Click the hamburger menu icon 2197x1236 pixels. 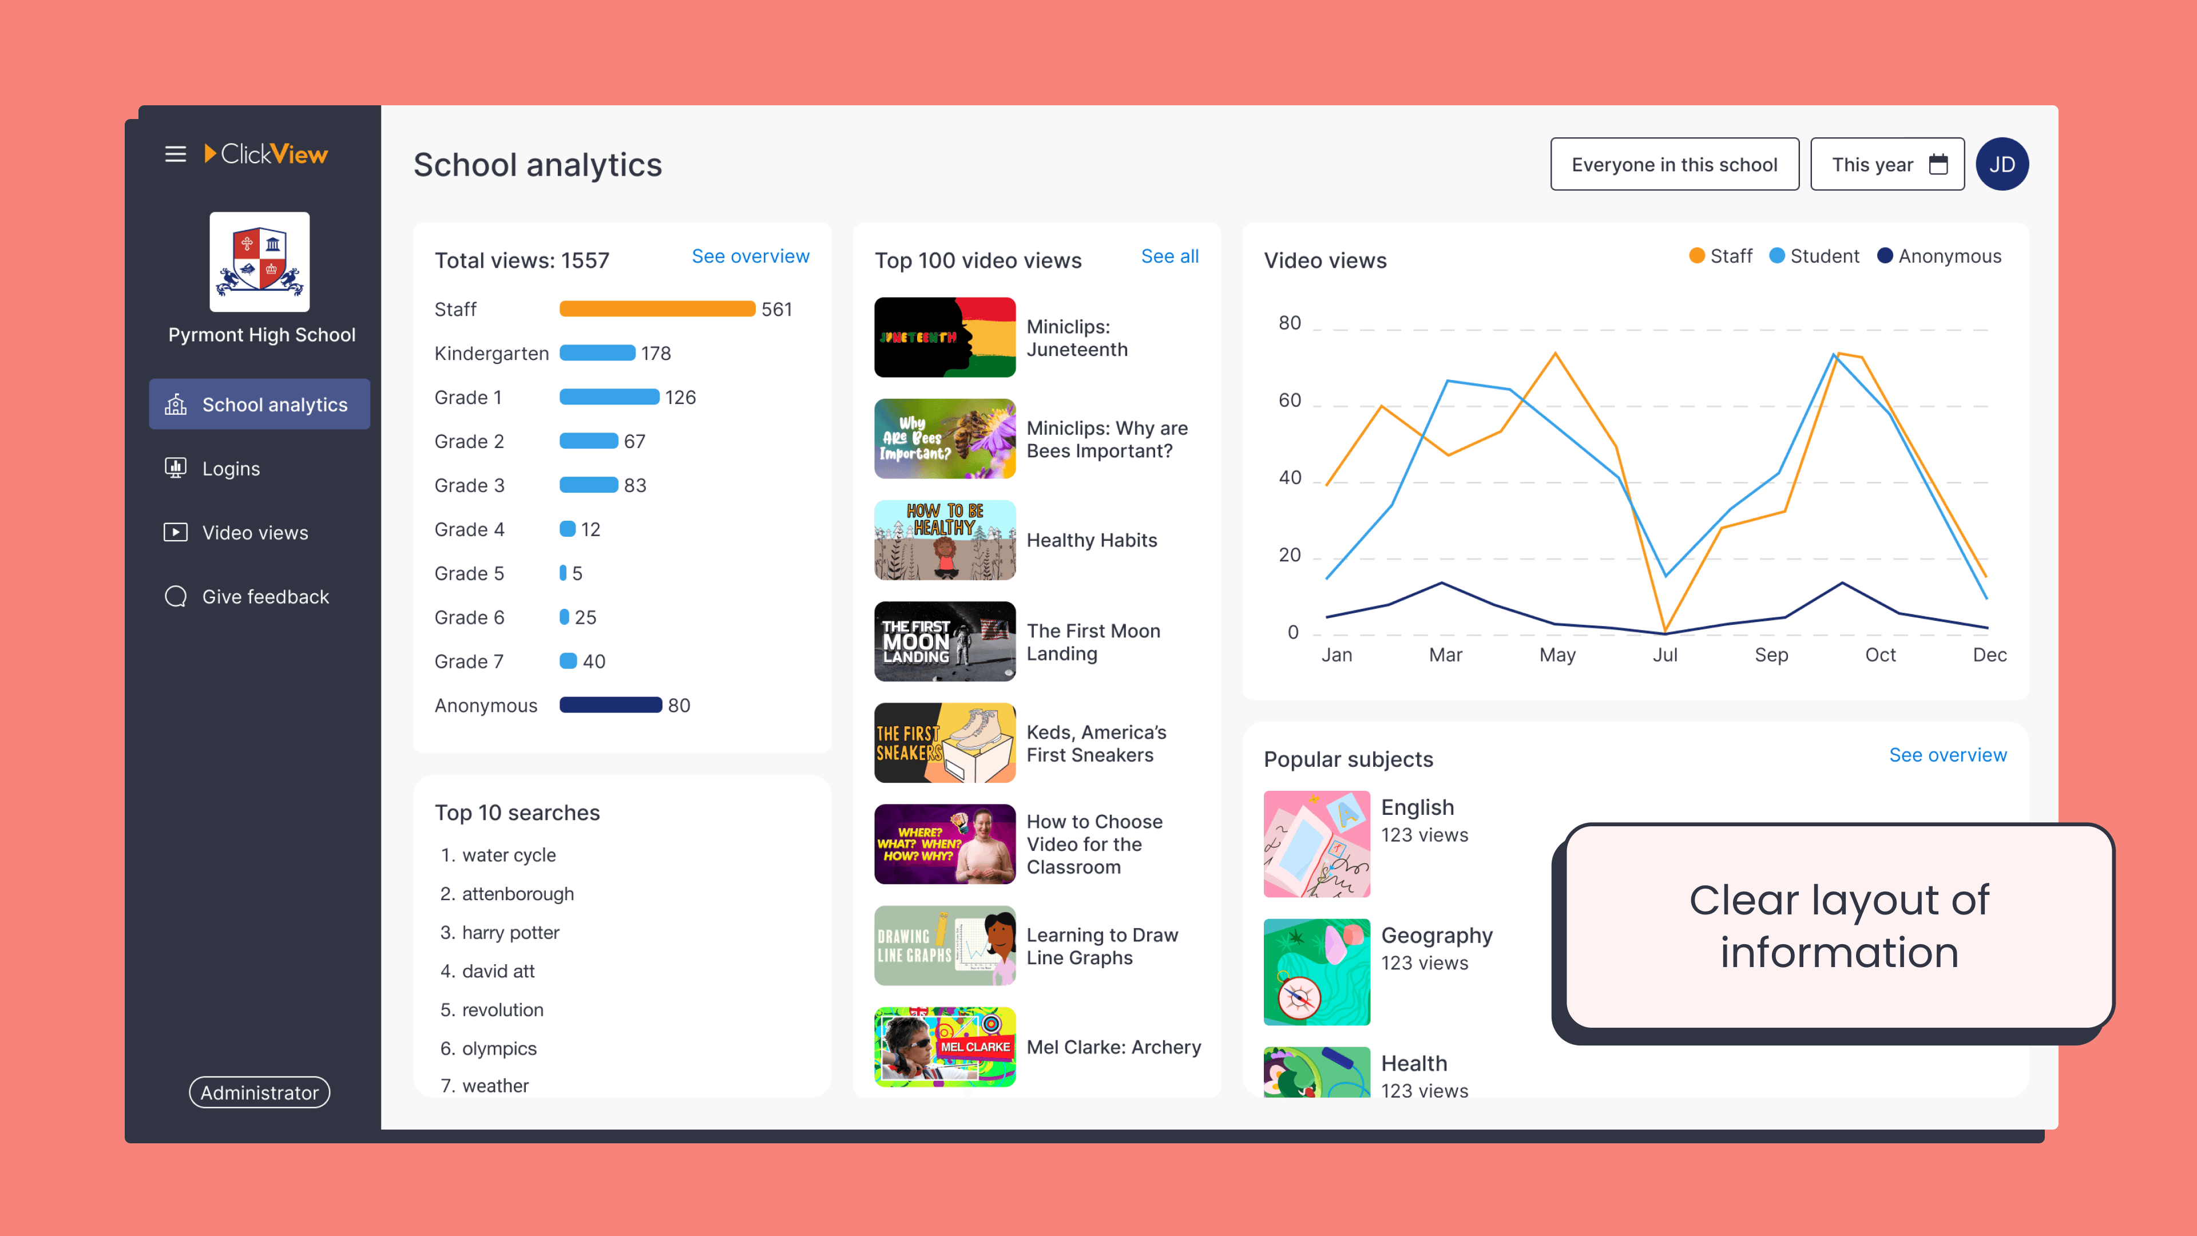tap(175, 154)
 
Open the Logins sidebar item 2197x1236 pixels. tap(230, 468)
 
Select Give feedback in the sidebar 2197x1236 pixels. tap(264, 596)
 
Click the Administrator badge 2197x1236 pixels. tap(259, 1093)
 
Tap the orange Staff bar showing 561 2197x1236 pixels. tap(657, 309)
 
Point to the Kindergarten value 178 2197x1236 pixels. tap(656, 353)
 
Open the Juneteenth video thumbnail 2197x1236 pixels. tap(944, 337)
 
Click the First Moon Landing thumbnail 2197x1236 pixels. tap(944, 641)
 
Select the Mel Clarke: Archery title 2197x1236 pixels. tap(1113, 1048)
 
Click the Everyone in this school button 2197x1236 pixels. tap(1674, 165)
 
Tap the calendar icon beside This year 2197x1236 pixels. tap(1938, 165)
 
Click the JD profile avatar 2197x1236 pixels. tap(2002, 165)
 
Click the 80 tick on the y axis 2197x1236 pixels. tap(1290, 323)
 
